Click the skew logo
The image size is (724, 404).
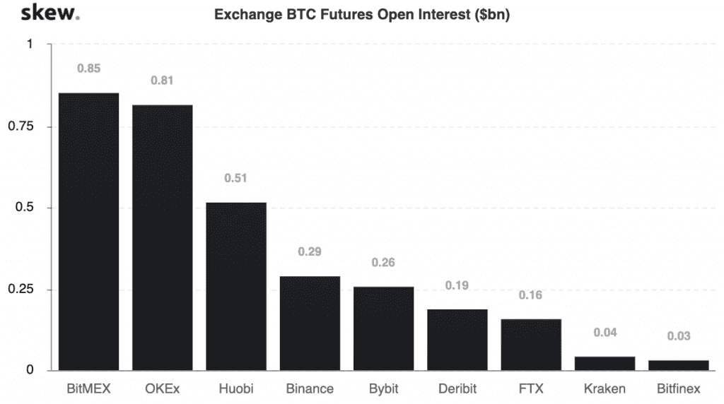coord(50,13)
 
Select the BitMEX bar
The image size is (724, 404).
coord(88,232)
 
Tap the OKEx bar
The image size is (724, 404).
coord(162,237)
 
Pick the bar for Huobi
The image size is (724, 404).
coord(236,286)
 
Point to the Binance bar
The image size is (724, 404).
coord(310,323)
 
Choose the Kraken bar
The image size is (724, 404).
coord(605,363)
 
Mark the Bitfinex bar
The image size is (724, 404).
coord(678,365)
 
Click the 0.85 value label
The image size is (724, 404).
coord(89,69)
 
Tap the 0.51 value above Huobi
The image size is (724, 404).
coord(236,178)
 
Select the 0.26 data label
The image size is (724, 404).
coord(383,263)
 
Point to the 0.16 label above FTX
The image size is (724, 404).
coord(530,295)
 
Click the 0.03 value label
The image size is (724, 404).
coord(678,336)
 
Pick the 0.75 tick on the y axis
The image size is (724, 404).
coord(21,126)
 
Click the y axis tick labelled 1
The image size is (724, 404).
coord(29,44)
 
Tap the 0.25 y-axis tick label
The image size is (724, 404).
coord(21,290)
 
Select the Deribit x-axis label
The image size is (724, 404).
coord(457,389)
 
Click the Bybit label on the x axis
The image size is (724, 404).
coord(383,389)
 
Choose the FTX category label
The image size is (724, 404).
coord(530,389)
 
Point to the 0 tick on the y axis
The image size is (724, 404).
coord(29,370)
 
